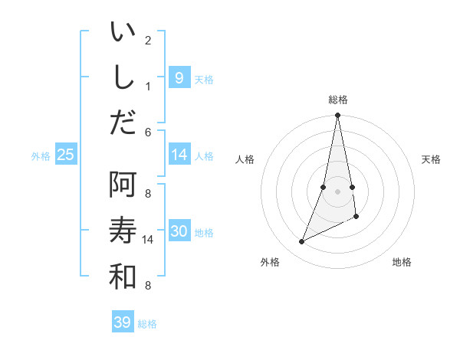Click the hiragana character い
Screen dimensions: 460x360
tap(123, 33)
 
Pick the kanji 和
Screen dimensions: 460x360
tap(123, 277)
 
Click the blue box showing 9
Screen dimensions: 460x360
tap(179, 77)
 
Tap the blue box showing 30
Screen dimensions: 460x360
tap(179, 231)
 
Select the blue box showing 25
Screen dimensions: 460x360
tap(65, 155)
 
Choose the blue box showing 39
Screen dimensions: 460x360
tap(122, 322)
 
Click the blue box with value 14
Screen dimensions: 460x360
tap(179, 155)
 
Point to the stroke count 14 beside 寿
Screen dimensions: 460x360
tap(149, 240)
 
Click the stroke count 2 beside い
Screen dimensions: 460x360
tap(148, 40)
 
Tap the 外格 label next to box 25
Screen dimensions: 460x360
tap(41, 155)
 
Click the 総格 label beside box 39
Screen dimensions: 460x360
tap(147, 324)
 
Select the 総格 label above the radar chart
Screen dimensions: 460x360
tap(337, 100)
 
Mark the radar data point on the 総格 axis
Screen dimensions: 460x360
tap(337, 116)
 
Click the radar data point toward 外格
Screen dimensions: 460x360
tap(302, 241)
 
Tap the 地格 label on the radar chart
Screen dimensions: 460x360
tap(402, 262)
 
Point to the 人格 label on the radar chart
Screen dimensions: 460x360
tap(245, 159)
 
